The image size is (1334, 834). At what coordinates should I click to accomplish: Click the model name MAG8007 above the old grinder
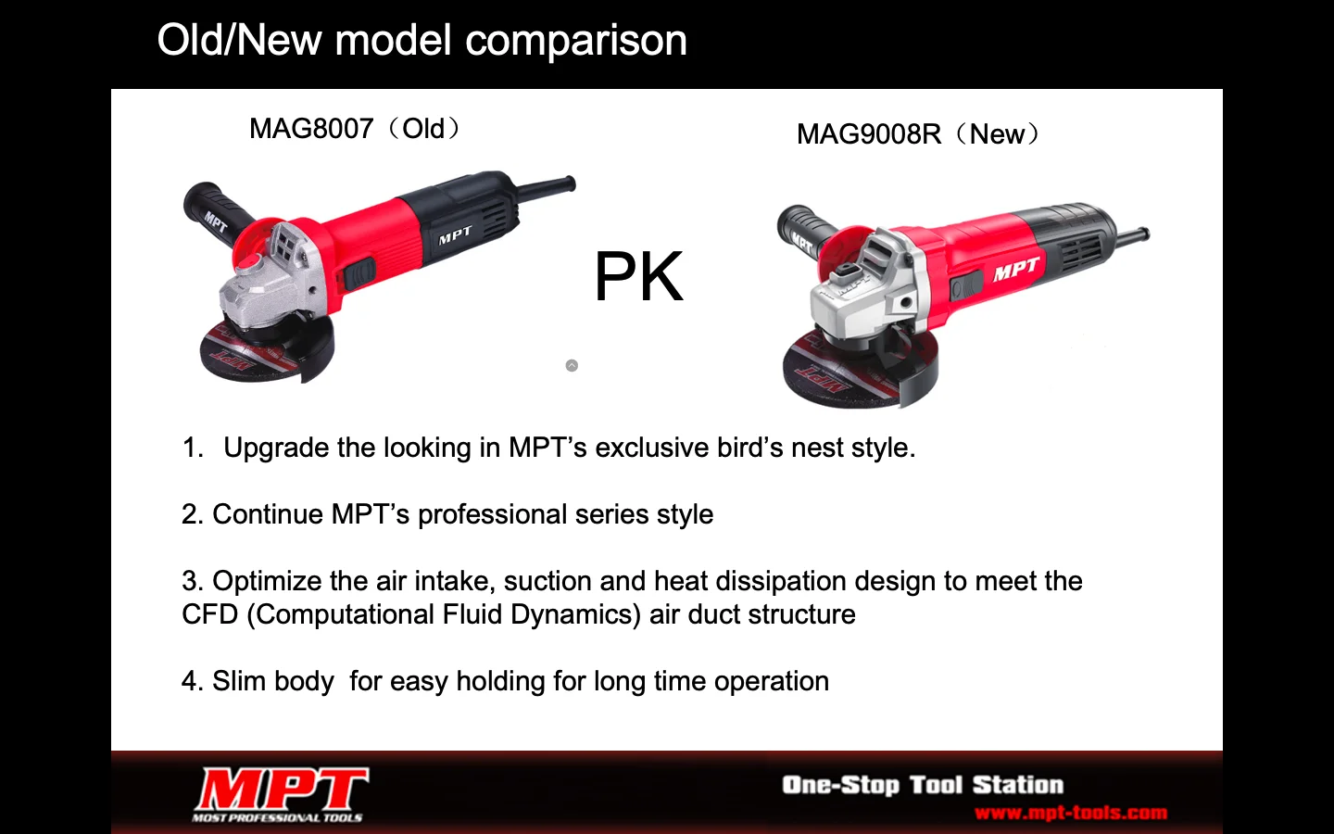311,129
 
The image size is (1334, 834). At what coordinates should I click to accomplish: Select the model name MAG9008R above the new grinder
869,134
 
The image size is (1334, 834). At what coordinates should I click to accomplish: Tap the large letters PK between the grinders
638,276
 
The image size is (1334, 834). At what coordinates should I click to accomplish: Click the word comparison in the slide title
576,42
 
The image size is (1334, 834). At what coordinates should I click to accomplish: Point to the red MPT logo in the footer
282,788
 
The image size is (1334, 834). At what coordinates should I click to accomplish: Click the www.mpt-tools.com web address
1071,813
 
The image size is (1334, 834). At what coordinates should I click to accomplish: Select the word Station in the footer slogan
1018,785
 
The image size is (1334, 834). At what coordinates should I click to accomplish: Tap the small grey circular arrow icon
572,365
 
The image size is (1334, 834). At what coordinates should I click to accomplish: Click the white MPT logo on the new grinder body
1016,270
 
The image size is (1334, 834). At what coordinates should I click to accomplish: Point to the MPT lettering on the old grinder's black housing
456,235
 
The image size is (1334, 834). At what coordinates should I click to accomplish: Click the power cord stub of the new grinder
1130,236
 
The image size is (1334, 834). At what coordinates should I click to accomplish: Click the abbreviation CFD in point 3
210,614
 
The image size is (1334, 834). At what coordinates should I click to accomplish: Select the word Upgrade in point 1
276,448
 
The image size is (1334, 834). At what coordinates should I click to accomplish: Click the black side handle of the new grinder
804,231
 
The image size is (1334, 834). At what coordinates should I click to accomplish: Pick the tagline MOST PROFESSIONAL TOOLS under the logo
277,817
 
